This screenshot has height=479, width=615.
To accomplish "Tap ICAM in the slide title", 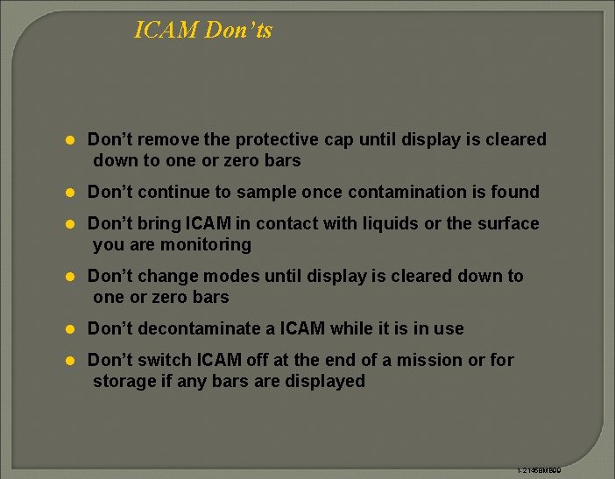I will pos(166,31).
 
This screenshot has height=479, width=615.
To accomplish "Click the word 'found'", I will pos(516,192).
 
